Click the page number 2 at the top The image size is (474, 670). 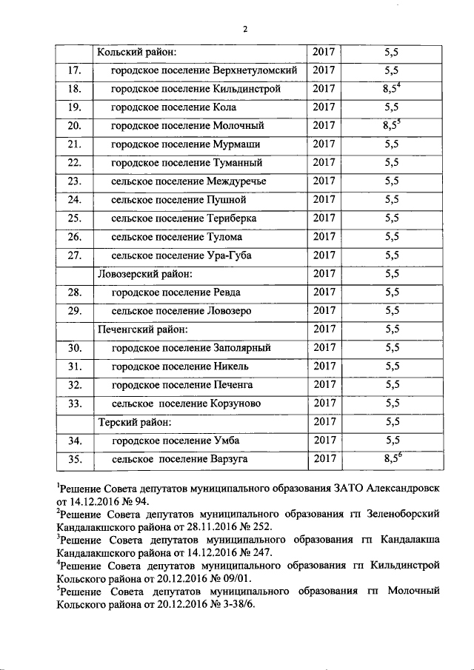[244, 29]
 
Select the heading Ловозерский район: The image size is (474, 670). [147, 273]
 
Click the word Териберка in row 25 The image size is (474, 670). [235, 218]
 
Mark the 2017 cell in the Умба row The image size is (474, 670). [324, 440]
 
